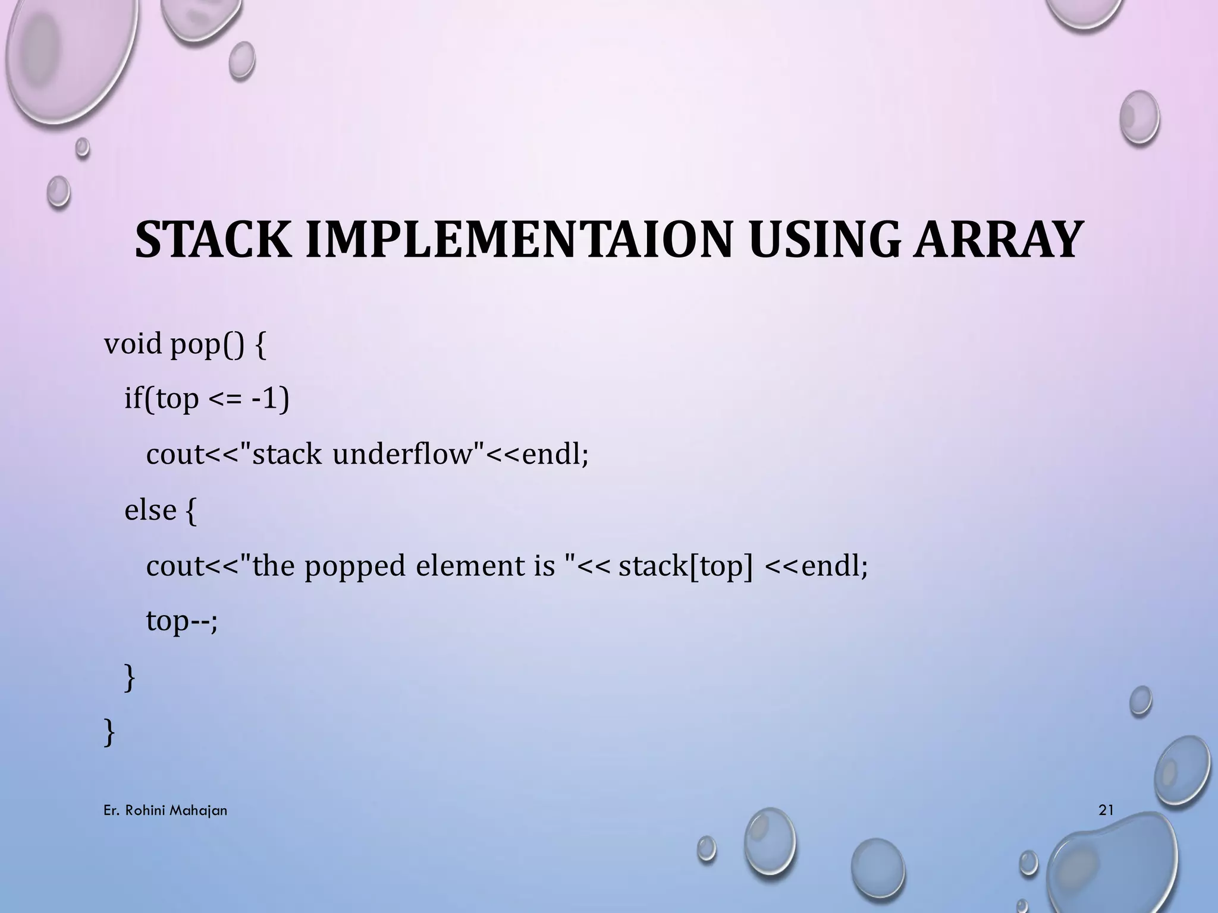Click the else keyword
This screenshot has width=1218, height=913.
(x=150, y=510)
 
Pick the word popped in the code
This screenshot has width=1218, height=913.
(x=354, y=566)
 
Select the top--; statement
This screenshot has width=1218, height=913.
(x=182, y=622)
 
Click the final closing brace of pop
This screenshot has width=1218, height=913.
(x=109, y=732)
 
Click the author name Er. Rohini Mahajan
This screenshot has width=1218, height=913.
(x=165, y=810)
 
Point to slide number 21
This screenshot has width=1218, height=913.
(x=1106, y=810)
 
